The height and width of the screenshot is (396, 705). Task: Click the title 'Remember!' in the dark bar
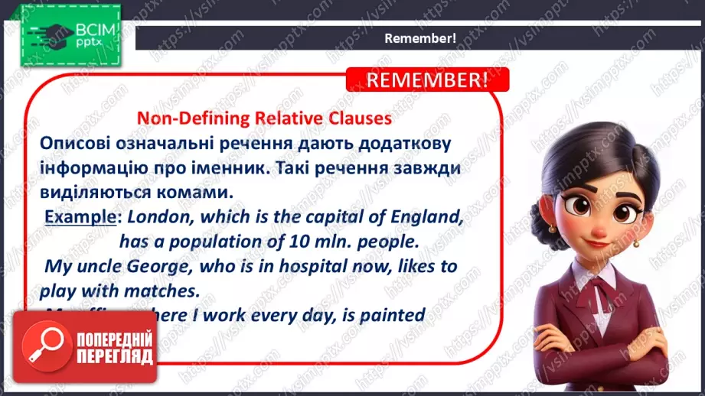419,38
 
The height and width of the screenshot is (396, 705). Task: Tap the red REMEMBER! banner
426,80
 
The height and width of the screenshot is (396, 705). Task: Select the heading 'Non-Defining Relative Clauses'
263,118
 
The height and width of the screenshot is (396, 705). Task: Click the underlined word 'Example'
80,217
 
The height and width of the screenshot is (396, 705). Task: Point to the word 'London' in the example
161,217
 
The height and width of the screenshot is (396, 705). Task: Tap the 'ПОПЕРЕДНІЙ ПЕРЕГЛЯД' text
115,346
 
